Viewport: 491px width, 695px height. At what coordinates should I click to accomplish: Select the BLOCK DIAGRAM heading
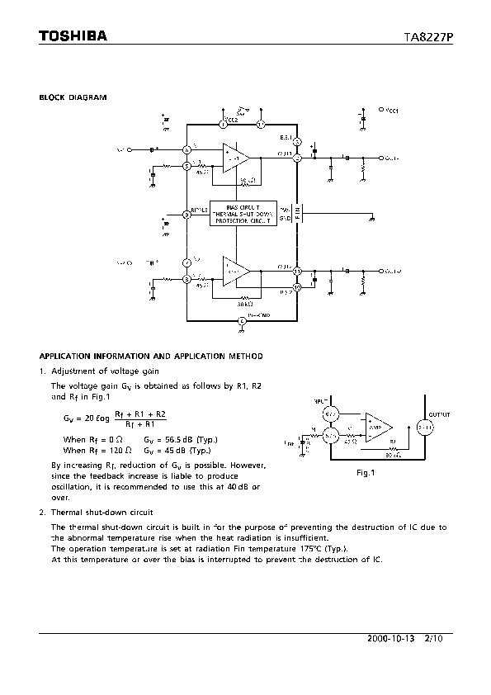pos(73,97)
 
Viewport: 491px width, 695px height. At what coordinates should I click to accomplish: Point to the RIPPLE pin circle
pos(187,213)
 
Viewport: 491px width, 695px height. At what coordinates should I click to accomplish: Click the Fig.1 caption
pos(366,474)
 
